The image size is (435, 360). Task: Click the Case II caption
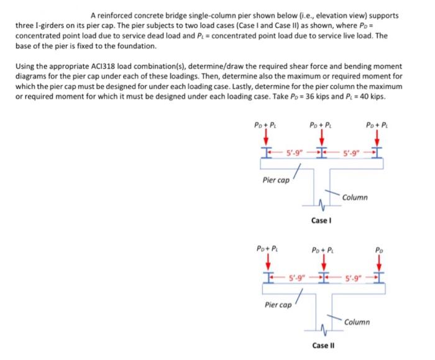[323, 345]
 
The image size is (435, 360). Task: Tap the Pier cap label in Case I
[274, 180]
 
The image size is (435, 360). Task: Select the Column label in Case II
[357, 322]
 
